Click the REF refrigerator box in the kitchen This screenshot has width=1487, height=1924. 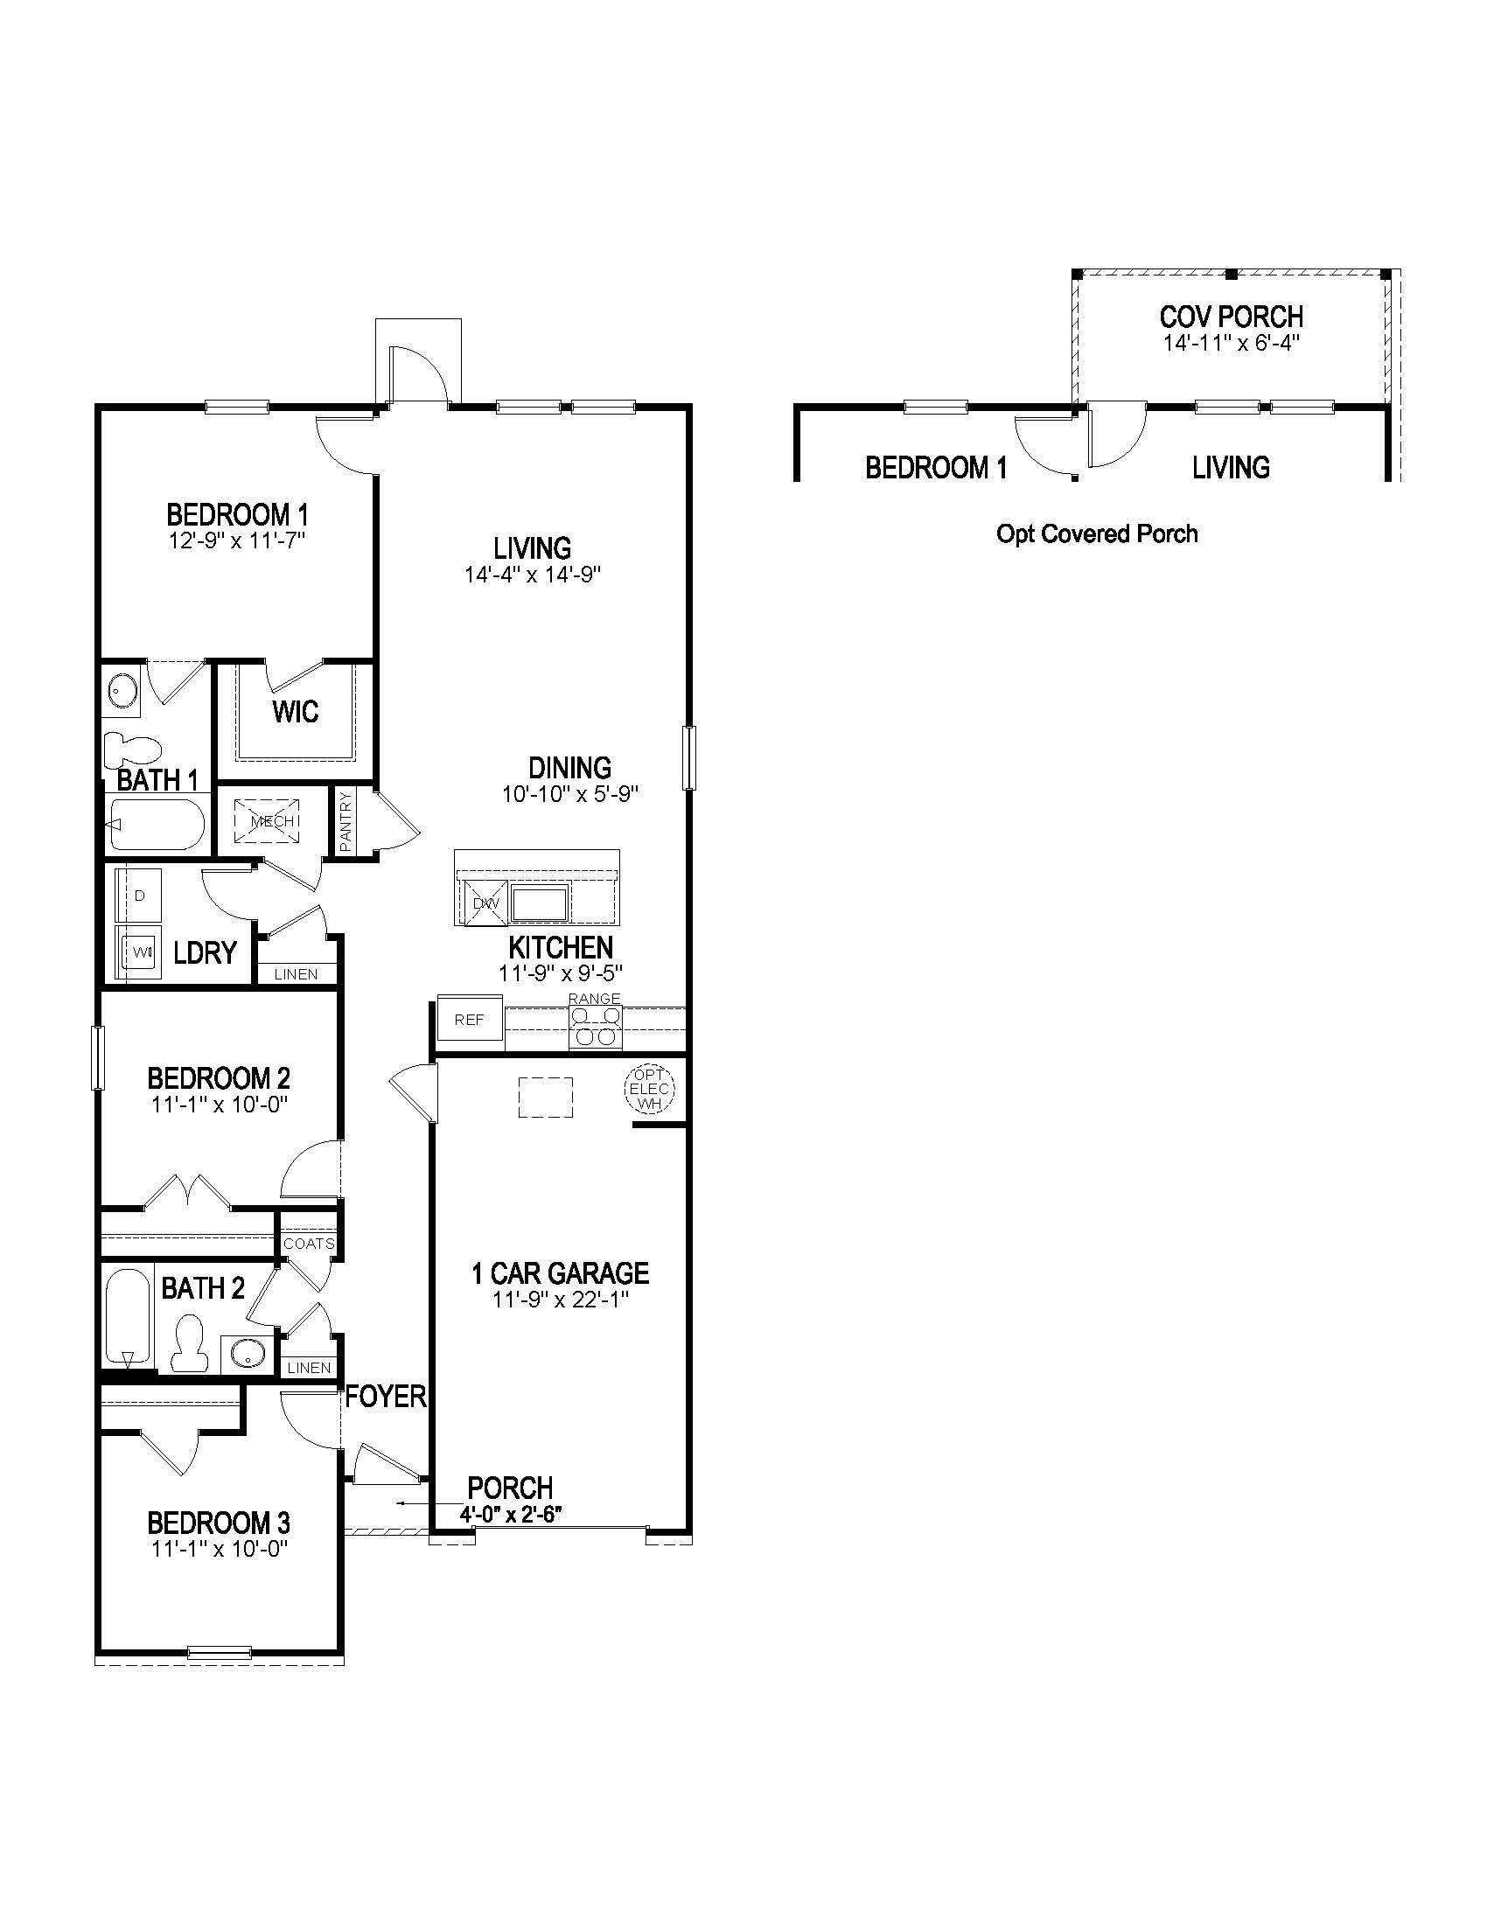point(470,1020)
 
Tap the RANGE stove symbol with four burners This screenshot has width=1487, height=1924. point(595,1027)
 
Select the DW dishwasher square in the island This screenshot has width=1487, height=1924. point(485,903)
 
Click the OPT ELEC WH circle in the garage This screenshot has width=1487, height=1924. point(649,1090)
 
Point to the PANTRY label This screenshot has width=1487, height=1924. point(346,821)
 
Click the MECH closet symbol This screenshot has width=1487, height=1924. point(267,821)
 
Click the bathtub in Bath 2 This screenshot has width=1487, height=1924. point(129,1317)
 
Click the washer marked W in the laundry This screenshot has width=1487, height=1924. point(139,952)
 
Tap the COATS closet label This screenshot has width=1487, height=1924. point(308,1244)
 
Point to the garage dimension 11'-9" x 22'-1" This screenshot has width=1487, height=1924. point(561,1299)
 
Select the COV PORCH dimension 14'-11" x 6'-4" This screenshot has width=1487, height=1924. point(1231,344)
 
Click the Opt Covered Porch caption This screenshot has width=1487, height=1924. point(1096,533)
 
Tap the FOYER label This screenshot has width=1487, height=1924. point(385,1397)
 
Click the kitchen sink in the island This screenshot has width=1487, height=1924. point(541,903)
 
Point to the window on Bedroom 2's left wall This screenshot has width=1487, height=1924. point(99,1058)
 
